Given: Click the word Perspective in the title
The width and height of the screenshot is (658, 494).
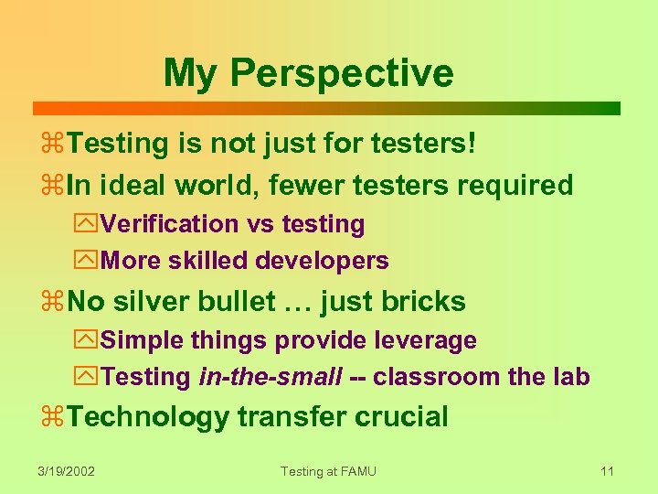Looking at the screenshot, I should [x=342, y=73].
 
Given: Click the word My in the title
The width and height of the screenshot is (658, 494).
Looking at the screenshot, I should [x=192, y=73].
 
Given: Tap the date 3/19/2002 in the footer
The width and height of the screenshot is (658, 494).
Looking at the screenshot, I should [x=67, y=471].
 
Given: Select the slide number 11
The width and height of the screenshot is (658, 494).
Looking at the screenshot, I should [x=607, y=471].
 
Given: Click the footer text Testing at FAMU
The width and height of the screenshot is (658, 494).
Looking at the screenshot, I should [x=328, y=471].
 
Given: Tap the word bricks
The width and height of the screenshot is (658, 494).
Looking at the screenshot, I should [x=424, y=302].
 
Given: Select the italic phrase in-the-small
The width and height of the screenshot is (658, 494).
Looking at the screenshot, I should [x=271, y=377].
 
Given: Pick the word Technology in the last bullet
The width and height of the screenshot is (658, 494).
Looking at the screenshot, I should [x=148, y=417].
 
